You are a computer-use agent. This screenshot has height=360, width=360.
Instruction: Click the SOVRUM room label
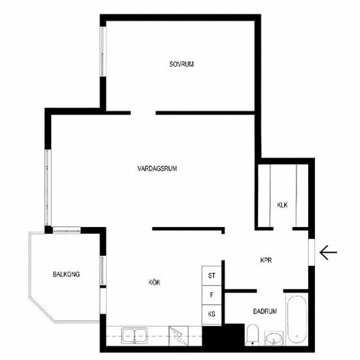181,64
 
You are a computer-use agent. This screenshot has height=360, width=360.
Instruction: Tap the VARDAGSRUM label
157,168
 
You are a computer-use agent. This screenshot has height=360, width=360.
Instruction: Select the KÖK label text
154,282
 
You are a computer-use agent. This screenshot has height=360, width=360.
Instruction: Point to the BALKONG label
66,274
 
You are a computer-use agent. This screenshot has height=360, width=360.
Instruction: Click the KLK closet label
282,205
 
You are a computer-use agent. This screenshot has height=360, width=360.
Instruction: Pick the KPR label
266,260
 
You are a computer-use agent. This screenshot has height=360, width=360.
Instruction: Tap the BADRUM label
265,312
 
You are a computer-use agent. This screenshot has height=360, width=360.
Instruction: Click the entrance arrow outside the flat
329,252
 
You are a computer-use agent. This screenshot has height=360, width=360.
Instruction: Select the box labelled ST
211,276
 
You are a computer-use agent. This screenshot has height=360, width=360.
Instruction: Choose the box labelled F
211,295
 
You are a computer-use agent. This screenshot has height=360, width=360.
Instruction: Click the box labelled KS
211,315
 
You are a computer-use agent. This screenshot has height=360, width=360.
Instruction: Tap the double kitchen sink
135,336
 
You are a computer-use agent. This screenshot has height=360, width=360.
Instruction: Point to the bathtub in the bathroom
297,319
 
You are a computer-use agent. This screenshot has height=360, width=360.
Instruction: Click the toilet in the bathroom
252,334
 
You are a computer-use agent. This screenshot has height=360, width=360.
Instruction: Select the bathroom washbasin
274,338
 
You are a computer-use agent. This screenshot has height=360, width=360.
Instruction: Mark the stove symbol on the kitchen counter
179,336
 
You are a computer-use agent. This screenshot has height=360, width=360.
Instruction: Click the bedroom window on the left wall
103,52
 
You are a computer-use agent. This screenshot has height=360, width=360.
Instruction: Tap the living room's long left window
48,188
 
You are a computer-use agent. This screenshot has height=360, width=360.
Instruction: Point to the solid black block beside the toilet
223,335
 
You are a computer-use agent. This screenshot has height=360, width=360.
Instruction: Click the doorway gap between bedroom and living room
143,113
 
